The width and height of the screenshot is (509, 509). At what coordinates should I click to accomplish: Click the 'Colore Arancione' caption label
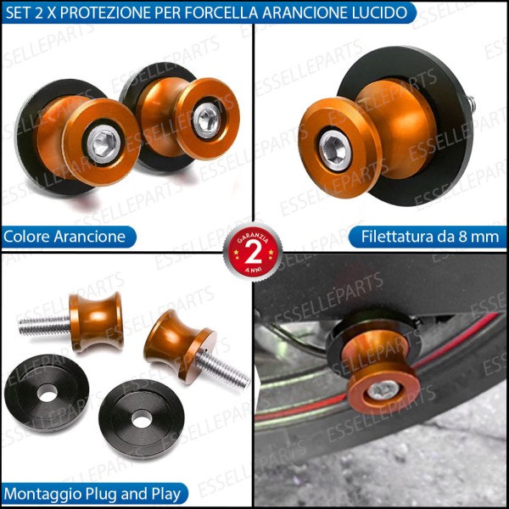click(64, 236)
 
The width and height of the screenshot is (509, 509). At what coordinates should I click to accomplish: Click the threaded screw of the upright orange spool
click(42, 323)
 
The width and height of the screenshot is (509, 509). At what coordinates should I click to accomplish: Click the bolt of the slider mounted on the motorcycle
click(384, 390)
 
